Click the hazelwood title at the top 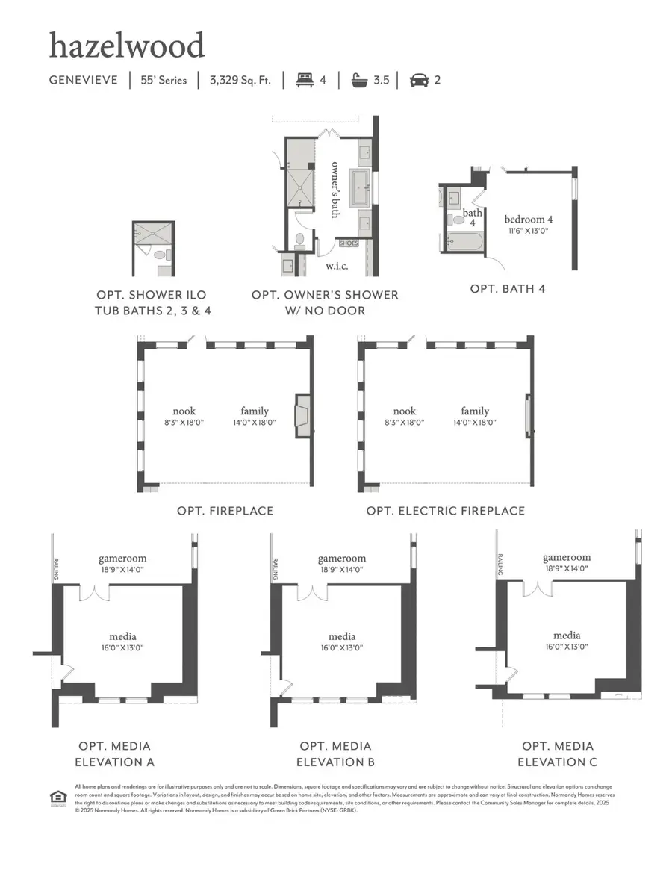pyautogui.click(x=127, y=46)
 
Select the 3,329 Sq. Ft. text pyautogui.click(x=240, y=80)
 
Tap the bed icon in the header pyautogui.click(x=304, y=80)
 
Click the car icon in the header pyautogui.click(x=419, y=80)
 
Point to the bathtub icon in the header pyautogui.click(x=361, y=80)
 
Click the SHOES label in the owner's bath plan pyautogui.click(x=349, y=243)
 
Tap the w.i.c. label pyautogui.click(x=334, y=265)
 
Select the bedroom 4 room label pyautogui.click(x=529, y=220)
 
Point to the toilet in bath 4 pyautogui.click(x=457, y=220)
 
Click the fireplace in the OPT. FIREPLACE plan pyautogui.click(x=302, y=415)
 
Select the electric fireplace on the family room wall pyautogui.click(x=529, y=415)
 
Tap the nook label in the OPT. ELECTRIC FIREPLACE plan pyautogui.click(x=405, y=411)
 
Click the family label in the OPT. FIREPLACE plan pyautogui.click(x=255, y=411)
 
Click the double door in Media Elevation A pyautogui.click(x=94, y=592)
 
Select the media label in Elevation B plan pyautogui.click(x=341, y=637)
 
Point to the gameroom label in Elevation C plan pyautogui.click(x=567, y=557)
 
